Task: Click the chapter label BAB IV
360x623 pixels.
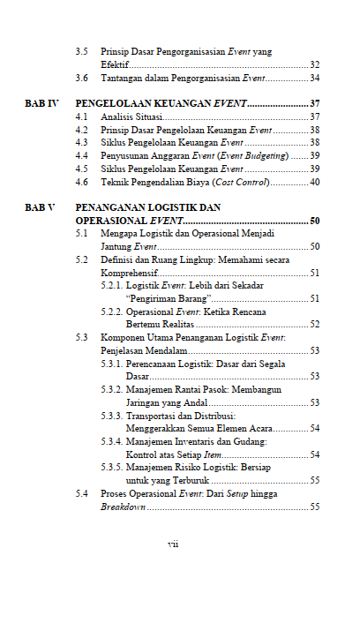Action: point(41,103)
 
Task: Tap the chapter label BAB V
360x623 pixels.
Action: point(40,207)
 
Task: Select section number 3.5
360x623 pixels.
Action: point(82,52)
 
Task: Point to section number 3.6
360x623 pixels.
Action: point(82,78)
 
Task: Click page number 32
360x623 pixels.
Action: point(314,65)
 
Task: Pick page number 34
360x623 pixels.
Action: point(314,78)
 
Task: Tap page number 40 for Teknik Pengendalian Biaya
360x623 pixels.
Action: point(314,182)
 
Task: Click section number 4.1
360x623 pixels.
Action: point(82,116)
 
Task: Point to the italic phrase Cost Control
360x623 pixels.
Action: point(241,182)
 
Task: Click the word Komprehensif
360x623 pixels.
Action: point(130,273)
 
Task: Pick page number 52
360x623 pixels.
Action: point(314,325)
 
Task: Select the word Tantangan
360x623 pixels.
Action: point(122,78)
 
